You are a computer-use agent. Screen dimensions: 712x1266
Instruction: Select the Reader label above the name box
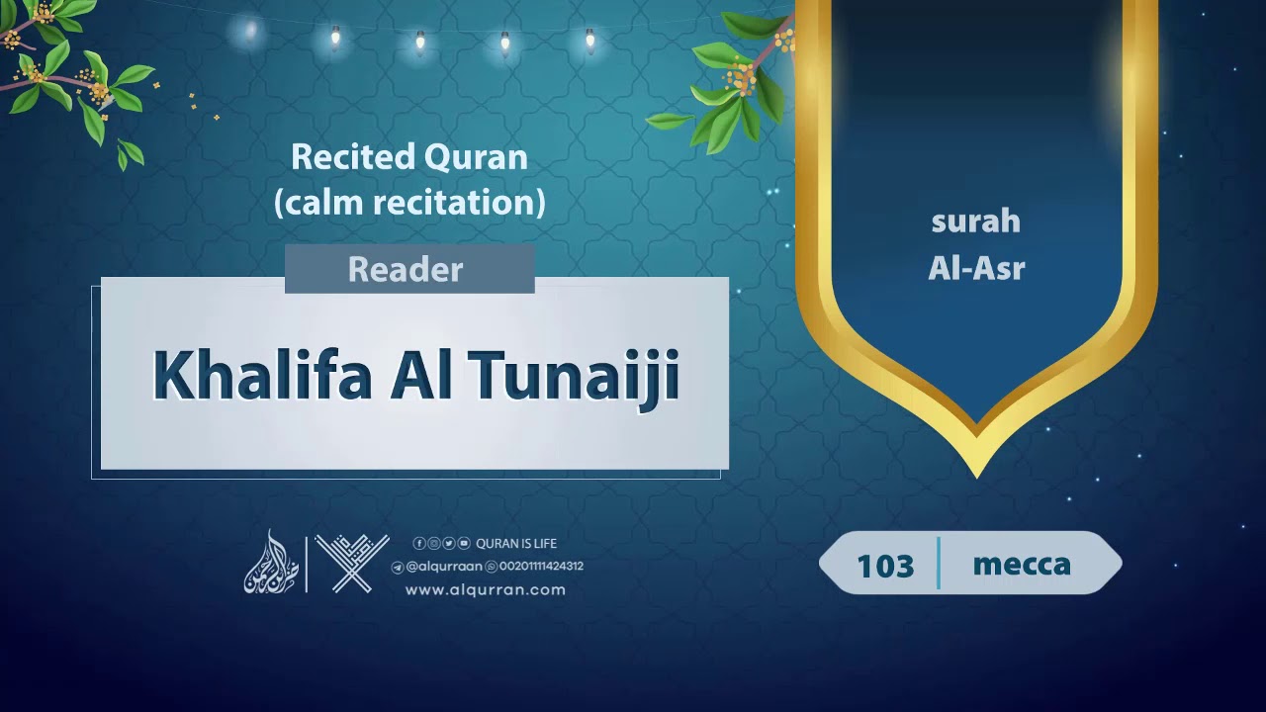point(406,270)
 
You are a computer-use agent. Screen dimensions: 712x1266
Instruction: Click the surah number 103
point(885,566)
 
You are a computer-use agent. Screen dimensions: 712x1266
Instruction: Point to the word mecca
point(1022,564)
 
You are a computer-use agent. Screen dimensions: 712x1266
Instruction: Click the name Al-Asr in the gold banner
point(976,268)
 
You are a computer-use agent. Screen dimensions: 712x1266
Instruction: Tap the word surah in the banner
point(975,222)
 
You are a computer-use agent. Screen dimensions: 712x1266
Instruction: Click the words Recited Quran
point(408,157)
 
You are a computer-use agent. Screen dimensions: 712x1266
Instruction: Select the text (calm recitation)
point(409,203)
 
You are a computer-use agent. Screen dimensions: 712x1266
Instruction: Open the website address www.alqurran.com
point(485,589)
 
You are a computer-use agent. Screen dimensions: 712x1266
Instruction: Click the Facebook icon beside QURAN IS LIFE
point(419,543)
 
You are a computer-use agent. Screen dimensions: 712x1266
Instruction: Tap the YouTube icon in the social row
point(464,543)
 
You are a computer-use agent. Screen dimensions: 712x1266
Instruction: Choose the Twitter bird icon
point(449,543)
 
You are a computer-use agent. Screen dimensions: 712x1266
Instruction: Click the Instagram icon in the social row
point(434,543)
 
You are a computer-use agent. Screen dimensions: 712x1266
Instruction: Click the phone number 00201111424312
point(540,567)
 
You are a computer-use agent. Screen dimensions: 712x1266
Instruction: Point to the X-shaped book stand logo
point(352,564)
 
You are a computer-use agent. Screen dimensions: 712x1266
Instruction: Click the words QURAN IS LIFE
point(516,543)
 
